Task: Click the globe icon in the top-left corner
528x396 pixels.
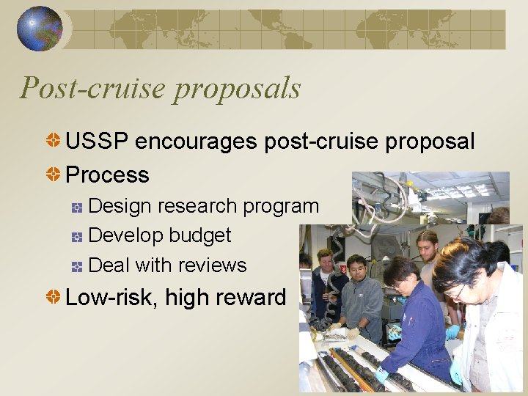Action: [x=40, y=29]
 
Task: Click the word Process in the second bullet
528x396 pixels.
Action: [x=107, y=175]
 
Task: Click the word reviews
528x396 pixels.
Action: [x=216, y=265]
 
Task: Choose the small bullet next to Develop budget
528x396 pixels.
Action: [x=77, y=237]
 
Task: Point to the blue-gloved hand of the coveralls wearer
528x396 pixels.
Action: [x=381, y=375]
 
